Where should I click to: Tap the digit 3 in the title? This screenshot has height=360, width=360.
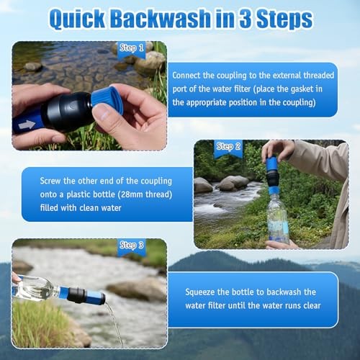(x=246, y=19)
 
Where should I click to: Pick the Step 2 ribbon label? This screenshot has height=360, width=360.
(x=228, y=147)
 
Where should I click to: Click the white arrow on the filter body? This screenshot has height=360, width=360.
(x=27, y=125)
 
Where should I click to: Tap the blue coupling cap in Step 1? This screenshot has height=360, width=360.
(x=107, y=100)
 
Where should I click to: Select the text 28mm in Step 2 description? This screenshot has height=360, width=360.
(x=132, y=194)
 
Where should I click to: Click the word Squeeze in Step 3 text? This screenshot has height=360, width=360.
(x=199, y=292)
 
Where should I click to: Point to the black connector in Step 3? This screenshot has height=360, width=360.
(x=76, y=294)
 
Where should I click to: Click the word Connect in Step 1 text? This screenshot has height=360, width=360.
(x=186, y=76)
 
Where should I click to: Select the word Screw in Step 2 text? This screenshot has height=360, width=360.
(x=50, y=181)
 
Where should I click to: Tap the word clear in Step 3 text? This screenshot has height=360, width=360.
(x=312, y=305)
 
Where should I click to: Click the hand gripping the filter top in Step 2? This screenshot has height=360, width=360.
(x=278, y=150)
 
